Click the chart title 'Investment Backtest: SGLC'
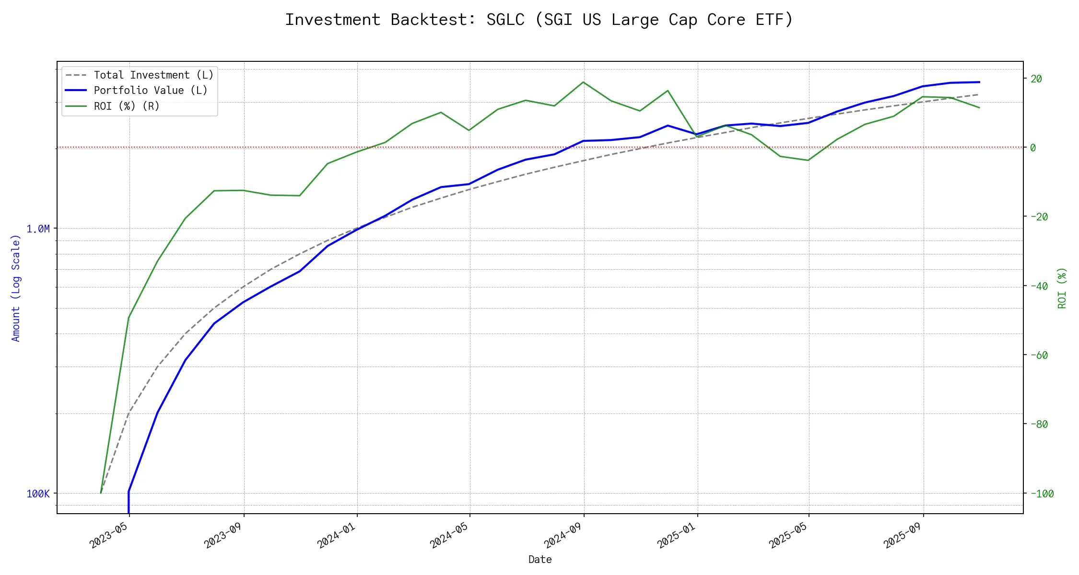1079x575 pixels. coord(539,20)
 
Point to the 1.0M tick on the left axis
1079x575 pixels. coord(38,229)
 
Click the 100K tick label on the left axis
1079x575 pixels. coord(38,494)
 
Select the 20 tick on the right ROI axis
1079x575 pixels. coord(1036,79)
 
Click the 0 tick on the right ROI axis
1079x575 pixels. coord(1033,148)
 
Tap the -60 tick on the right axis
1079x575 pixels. coord(1039,355)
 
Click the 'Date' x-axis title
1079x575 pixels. coord(540,560)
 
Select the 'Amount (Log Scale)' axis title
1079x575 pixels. coord(16,288)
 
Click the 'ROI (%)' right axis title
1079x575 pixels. coord(1062,288)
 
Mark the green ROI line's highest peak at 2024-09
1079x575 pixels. coord(583,82)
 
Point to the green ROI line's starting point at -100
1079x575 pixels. coord(101,493)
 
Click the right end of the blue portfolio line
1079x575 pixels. coord(979,82)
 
